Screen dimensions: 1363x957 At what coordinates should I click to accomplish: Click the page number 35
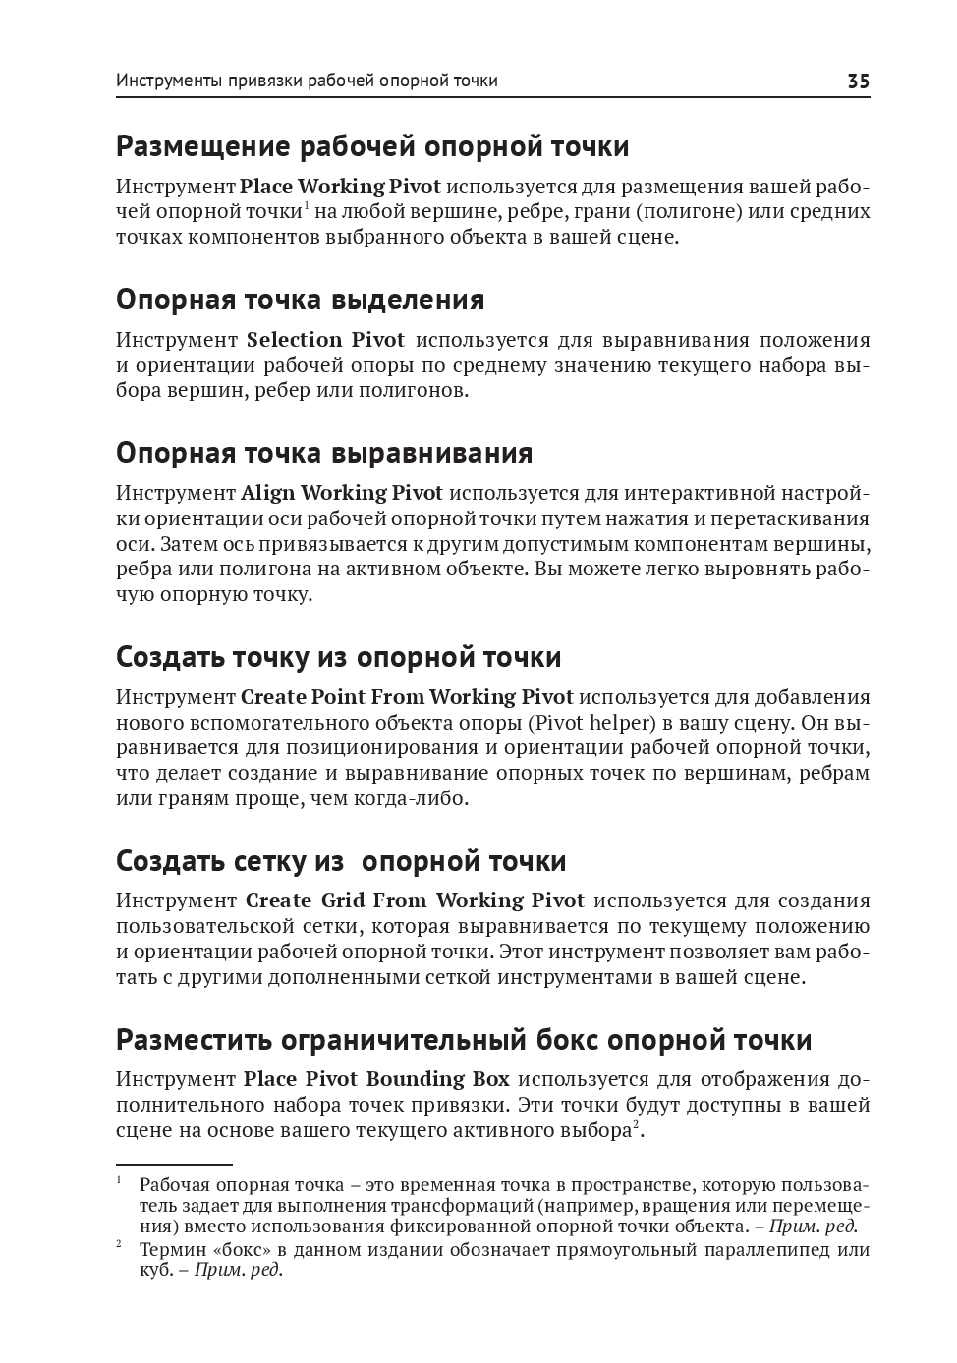(858, 81)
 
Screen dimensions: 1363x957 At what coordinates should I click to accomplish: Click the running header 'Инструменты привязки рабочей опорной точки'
(307, 81)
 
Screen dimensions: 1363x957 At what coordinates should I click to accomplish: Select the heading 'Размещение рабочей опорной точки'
(372, 147)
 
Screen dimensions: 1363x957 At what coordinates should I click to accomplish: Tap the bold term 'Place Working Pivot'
(340, 187)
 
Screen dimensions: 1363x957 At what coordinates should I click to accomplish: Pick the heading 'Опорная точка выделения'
(300, 300)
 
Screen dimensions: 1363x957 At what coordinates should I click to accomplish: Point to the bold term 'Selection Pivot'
(325, 340)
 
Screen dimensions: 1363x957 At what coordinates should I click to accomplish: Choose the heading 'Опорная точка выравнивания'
(324, 454)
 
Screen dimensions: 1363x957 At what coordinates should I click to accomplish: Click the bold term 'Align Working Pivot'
(342, 493)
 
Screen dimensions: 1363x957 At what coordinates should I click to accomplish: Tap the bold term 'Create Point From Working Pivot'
(407, 697)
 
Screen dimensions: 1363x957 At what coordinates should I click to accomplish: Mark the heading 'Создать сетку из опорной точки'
(341, 861)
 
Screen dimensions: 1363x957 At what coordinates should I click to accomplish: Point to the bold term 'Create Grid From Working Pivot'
(415, 900)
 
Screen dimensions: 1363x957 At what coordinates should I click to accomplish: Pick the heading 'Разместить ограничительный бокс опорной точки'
(464, 1040)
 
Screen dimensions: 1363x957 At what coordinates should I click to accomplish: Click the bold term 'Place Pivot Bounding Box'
(376, 1079)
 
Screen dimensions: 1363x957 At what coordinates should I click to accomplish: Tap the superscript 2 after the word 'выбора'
(636, 1124)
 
